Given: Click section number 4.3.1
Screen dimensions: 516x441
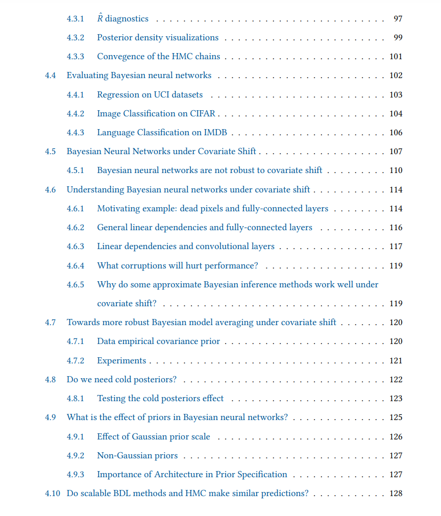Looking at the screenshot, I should point(75,19).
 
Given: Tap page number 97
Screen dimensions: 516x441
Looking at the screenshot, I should point(398,19).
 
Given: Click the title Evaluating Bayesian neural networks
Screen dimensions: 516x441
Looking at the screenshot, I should point(139,76).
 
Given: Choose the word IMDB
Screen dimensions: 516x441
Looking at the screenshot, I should point(216,133).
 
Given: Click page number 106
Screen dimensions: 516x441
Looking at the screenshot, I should point(396,133).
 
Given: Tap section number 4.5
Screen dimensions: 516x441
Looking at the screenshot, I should point(50,152).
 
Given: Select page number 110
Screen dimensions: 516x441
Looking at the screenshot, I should point(396,170).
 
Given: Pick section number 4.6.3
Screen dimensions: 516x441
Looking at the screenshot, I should point(75,247).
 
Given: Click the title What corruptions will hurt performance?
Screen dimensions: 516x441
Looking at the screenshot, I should point(178,266).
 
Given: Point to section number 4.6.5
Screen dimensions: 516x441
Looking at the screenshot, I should point(75,285).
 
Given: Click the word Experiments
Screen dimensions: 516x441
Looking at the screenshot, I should point(121,361).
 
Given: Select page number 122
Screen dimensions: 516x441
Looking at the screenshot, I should point(396,380).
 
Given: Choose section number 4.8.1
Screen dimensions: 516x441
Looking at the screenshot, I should point(75,399).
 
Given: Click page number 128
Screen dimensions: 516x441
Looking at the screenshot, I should point(396,494).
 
